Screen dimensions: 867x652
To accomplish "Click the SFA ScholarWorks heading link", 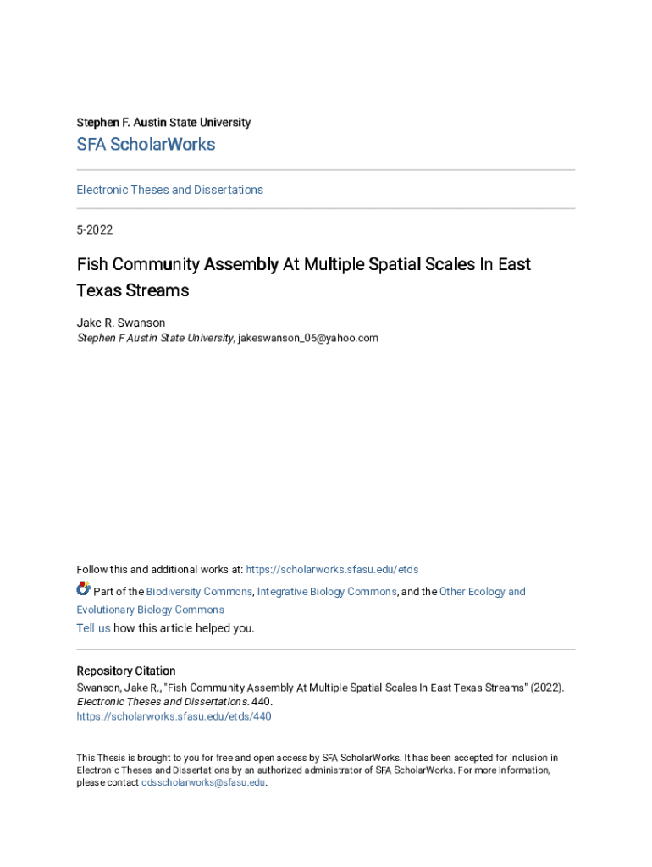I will (146, 145).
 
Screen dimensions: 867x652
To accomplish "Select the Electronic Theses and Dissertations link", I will (169, 190).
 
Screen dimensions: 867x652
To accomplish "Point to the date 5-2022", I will (94, 229).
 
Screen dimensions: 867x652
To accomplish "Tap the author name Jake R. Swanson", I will (121, 323).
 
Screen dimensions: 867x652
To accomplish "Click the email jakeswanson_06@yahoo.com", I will (308, 338).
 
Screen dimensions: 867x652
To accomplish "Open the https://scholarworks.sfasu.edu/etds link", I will (332, 569).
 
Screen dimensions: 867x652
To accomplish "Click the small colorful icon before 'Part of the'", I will (83, 589).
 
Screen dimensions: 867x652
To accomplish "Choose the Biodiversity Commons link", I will (199, 592).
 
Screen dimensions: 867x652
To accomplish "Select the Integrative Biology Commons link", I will (327, 592).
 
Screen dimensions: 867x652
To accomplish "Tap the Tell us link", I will (93, 628).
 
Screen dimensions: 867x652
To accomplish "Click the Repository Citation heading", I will (126, 671).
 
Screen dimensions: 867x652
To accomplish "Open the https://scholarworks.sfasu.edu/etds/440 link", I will (174, 716).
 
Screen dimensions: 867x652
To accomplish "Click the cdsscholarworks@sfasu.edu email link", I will (203, 783).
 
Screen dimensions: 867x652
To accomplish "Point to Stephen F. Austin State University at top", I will (163, 123).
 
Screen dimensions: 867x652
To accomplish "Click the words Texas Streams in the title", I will (133, 290).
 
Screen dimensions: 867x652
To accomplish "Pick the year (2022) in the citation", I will (546, 688).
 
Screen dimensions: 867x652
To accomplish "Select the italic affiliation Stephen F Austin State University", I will (155, 338).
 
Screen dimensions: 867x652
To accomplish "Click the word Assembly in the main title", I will (240, 264).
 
